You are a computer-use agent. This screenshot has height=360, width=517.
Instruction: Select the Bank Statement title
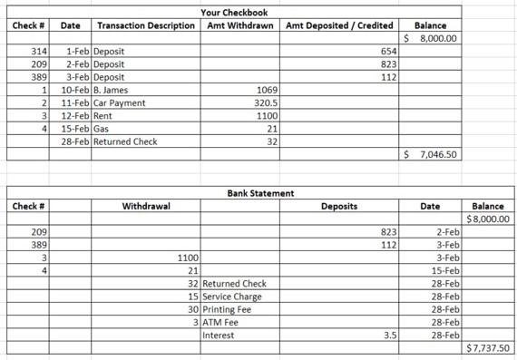point(259,193)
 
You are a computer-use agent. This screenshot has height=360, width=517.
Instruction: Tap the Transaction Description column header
point(145,25)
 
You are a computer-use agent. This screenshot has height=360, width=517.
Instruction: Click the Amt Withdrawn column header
point(240,25)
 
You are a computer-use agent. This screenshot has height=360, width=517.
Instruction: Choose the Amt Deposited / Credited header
point(339,25)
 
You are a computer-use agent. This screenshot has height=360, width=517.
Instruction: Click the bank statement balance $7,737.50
point(488,347)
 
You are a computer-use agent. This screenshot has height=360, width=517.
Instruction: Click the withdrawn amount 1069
point(268,91)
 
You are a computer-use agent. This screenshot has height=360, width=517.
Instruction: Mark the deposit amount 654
point(388,53)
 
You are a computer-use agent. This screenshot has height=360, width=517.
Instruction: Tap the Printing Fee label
point(227,309)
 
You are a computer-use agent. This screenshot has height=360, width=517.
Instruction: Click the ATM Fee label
point(220,322)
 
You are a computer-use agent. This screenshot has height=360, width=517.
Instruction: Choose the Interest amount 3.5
point(389,335)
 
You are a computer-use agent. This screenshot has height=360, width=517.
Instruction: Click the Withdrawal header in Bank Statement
point(146,207)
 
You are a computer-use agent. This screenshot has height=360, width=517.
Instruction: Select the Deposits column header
point(339,207)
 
